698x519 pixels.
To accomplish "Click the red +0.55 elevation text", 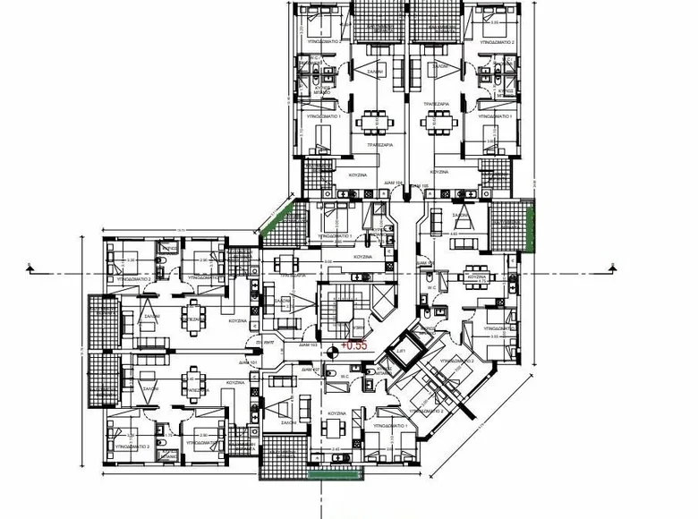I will [355, 344].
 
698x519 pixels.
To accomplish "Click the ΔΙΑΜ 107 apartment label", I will [311, 368].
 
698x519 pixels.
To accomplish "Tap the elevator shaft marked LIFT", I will [401, 354].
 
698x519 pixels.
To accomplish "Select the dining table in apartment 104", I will [371, 120].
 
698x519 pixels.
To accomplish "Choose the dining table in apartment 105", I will [438, 120].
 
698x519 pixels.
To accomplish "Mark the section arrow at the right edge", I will [612, 266].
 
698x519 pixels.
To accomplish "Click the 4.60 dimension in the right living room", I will [454, 234].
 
